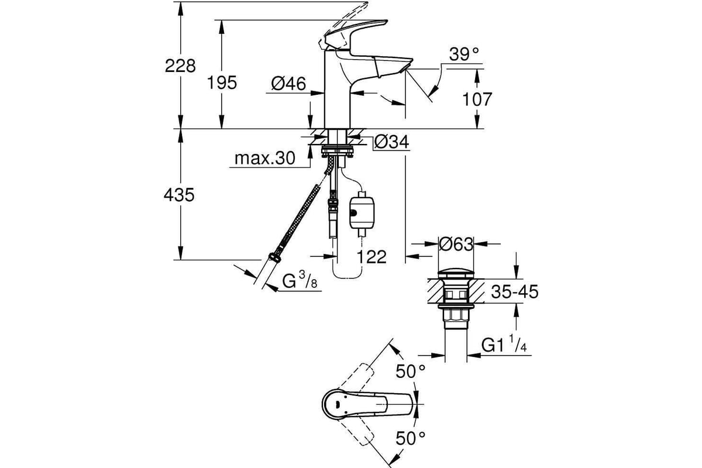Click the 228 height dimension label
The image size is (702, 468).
(x=180, y=66)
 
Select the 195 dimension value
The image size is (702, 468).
(x=222, y=82)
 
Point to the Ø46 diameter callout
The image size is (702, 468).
(x=288, y=84)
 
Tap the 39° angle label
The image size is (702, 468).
(x=464, y=54)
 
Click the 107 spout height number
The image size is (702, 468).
(x=477, y=99)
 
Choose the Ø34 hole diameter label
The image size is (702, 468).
(x=391, y=142)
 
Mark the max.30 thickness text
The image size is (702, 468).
(x=265, y=159)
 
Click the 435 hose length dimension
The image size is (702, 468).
(x=179, y=195)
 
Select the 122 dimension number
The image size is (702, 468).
(x=371, y=257)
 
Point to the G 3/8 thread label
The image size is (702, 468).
(x=300, y=280)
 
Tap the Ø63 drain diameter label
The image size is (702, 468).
(x=456, y=244)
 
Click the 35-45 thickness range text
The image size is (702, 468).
(x=515, y=291)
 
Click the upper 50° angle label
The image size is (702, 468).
(x=410, y=371)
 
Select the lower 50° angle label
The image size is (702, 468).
(x=410, y=438)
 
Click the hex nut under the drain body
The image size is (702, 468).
(x=456, y=316)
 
